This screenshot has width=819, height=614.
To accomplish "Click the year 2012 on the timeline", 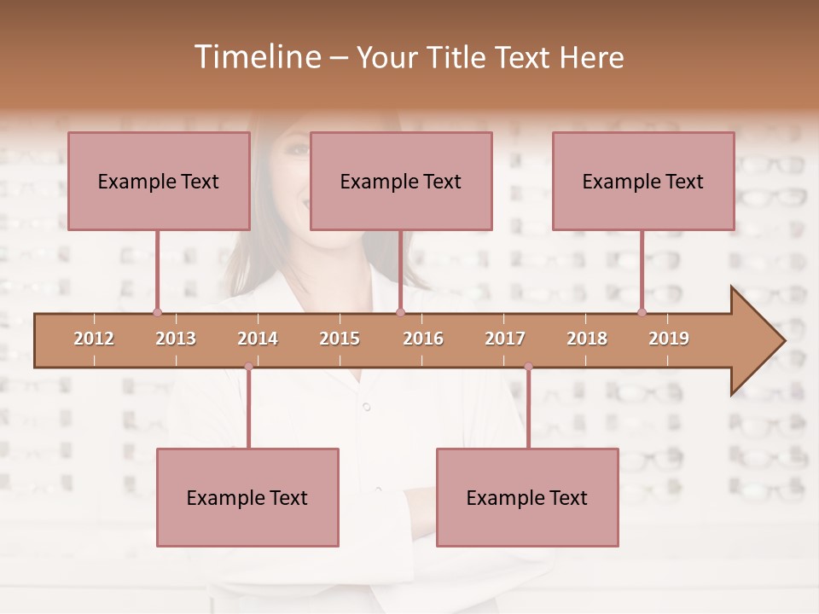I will [94, 339].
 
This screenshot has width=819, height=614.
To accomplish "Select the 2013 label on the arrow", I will [176, 339].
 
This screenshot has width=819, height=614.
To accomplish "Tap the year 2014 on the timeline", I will [258, 339].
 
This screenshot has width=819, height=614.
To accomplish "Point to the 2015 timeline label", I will [340, 339].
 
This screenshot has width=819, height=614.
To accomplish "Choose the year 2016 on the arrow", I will [423, 339].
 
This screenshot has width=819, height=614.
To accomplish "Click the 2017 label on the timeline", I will [505, 339].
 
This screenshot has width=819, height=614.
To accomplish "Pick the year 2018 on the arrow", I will [587, 339].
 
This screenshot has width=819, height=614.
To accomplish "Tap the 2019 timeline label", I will [669, 339].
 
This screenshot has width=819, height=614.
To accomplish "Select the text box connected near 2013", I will [159, 181].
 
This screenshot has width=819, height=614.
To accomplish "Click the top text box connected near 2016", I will [401, 181].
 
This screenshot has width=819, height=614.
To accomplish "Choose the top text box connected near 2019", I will [643, 181].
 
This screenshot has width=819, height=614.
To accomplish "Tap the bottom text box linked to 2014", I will [247, 497].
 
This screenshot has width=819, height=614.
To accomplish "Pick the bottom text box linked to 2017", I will [527, 497].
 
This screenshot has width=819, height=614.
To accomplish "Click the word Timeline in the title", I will [256, 57].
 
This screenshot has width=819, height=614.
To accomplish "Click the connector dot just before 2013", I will [157, 312].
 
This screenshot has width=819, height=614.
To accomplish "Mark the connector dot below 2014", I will [248, 367].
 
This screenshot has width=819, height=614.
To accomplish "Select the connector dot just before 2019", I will [642, 312].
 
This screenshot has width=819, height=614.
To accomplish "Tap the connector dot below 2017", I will [528, 367].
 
